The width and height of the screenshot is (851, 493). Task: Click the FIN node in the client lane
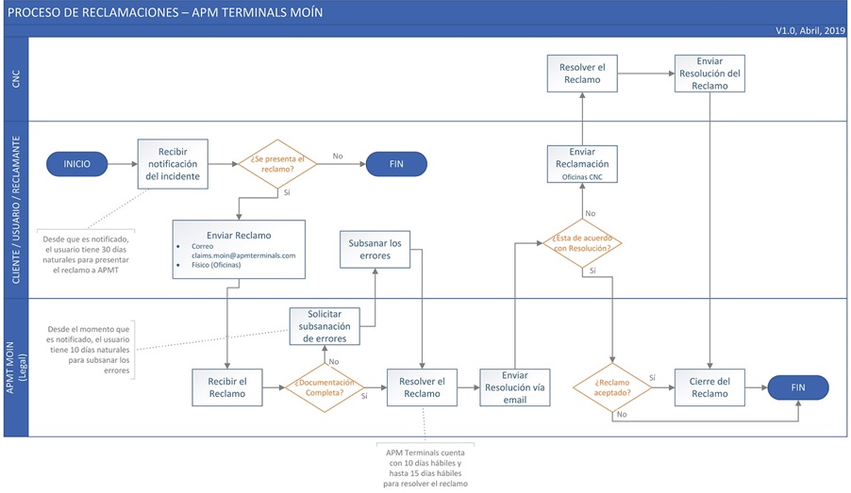(x=396, y=163)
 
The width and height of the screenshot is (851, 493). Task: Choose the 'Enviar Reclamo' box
(x=239, y=249)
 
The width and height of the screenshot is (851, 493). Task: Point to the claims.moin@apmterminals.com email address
(x=243, y=255)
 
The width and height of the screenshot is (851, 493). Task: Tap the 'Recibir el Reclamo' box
(x=226, y=386)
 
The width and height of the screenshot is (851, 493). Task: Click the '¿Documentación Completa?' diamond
(x=325, y=387)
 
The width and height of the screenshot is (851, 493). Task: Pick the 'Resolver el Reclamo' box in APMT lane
(x=422, y=386)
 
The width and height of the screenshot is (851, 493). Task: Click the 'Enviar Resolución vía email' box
(x=514, y=386)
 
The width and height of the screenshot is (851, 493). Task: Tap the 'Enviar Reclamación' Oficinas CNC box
(x=582, y=163)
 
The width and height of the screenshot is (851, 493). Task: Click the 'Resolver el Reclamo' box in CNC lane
(x=582, y=74)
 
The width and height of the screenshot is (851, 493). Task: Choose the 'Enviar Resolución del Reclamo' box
(x=709, y=74)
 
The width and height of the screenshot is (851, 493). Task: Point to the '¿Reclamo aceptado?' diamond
(x=612, y=387)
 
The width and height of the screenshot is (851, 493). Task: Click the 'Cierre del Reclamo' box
(x=709, y=386)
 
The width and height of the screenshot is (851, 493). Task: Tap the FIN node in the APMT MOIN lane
(x=798, y=386)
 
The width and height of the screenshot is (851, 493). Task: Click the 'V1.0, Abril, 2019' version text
(x=810, y=30)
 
